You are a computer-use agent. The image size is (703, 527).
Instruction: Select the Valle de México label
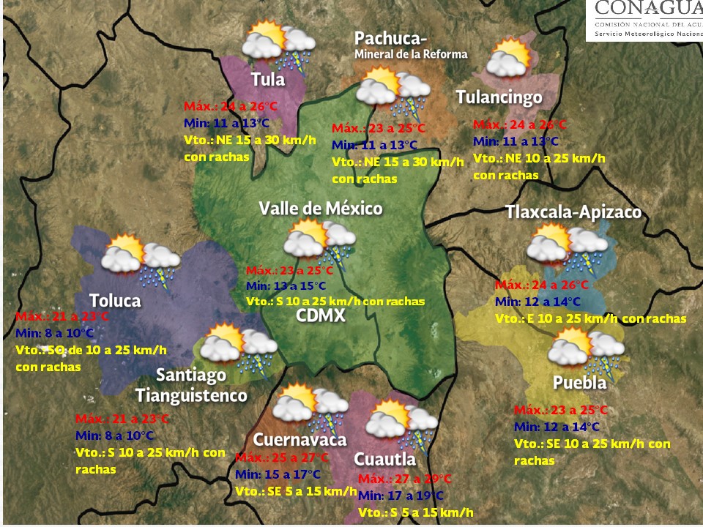click(x=321, y=209)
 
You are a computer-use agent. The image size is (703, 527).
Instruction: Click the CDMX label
click(x=321, y=316)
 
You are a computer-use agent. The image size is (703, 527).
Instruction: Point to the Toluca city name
click(x=115, y=301)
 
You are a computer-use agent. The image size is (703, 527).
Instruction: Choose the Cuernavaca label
click(x=300, y=440)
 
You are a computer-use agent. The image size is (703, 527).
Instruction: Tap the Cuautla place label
click(x=385, y=459)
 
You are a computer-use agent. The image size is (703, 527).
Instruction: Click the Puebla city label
click(x=579, y=383)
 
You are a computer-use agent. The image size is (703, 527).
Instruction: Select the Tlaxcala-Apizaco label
click(x=573, y=212)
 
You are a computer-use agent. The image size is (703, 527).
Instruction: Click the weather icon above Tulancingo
click(x=510, y=59)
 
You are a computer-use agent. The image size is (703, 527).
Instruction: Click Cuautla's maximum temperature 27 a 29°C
click(x=406, y=479)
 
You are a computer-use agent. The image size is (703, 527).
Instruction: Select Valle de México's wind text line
click(x=335, y=302)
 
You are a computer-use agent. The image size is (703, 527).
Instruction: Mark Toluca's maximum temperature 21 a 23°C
click(x=62, y=317)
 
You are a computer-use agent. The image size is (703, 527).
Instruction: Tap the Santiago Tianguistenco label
click(x=191, y=385)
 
